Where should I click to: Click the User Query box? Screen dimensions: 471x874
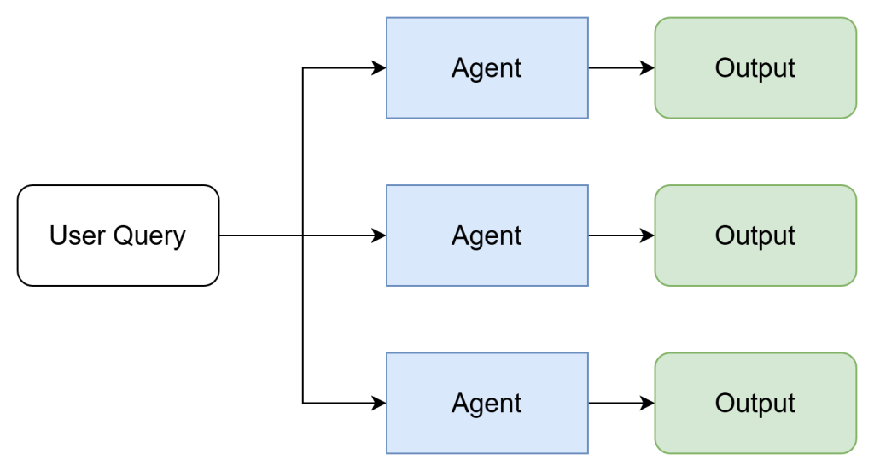point(118,235)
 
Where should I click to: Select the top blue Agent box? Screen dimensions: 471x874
point(487,68)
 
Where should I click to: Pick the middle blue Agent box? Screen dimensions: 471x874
point(487,235)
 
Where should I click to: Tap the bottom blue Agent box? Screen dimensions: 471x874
point(487,403)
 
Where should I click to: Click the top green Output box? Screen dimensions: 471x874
point(755,68)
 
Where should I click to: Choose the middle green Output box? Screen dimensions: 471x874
point(755,235)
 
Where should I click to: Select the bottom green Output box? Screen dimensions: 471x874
point(755,403)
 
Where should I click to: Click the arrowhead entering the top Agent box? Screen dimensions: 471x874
point(380,68)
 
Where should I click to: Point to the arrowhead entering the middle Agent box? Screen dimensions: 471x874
point(380,235)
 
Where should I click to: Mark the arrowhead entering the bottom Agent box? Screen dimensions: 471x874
point(380,403)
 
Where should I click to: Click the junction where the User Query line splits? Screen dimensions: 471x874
point(303,235)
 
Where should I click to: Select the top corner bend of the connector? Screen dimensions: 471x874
point(303,68)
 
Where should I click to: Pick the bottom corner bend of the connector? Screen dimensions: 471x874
point(303,403)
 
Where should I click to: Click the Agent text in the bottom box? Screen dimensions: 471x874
point(487,404)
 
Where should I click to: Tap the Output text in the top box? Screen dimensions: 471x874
point(755,68)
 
